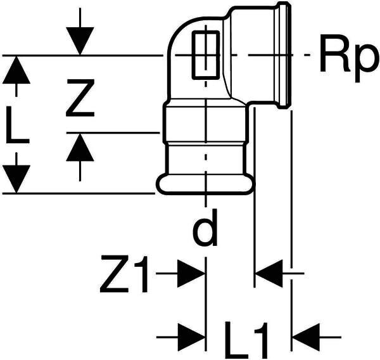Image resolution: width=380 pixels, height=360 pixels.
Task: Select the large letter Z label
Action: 80,98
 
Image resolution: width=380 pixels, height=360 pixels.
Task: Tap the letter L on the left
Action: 17,125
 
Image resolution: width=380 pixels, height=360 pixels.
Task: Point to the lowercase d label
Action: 205,228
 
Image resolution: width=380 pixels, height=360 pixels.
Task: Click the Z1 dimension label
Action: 124,274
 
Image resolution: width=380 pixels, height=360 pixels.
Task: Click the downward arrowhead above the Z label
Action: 80,41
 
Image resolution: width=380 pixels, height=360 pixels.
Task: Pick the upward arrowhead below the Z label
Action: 80,147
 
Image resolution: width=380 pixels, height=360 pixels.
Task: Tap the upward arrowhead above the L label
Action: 16,70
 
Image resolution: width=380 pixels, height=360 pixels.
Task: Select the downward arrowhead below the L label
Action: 16,179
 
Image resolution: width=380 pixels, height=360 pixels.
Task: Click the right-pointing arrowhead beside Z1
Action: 191,274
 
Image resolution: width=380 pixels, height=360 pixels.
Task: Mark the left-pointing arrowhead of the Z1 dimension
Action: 269,274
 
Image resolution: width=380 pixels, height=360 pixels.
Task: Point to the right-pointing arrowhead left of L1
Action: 191,337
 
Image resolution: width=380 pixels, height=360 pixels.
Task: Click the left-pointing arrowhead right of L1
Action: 307,337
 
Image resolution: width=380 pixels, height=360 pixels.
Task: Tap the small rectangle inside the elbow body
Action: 206,55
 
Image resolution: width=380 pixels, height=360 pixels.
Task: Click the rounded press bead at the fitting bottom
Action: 205,184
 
